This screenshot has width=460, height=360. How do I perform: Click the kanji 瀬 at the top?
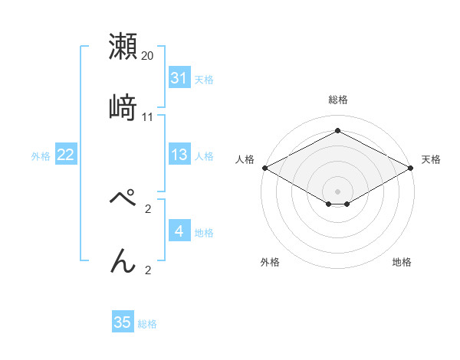[123, 47]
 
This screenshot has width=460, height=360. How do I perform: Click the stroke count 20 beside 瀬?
[148, 56]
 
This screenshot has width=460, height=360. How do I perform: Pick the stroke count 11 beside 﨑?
[148, 116]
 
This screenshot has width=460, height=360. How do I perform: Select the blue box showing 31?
[179, 78]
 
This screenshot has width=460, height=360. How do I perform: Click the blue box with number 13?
[179, 155]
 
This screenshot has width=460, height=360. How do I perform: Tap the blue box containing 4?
[179, 231]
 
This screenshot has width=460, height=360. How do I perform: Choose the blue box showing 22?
[66, 155]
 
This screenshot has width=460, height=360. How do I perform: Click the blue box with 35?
[123, 322]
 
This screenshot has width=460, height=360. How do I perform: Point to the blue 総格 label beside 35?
[148, 324]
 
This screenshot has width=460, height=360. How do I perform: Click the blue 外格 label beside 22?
[41, 155]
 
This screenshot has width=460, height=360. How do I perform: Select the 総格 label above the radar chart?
[337, 100]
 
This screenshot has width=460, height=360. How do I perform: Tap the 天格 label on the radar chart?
[432, 159]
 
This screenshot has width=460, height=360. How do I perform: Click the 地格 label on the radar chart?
[402, 262]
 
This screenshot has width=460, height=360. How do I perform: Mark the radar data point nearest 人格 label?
[264, 168]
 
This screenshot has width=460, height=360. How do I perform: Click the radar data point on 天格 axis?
[412, 168]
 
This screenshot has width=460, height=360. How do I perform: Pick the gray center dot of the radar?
[337, 191]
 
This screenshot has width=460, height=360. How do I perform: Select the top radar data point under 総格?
[337, 130]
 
